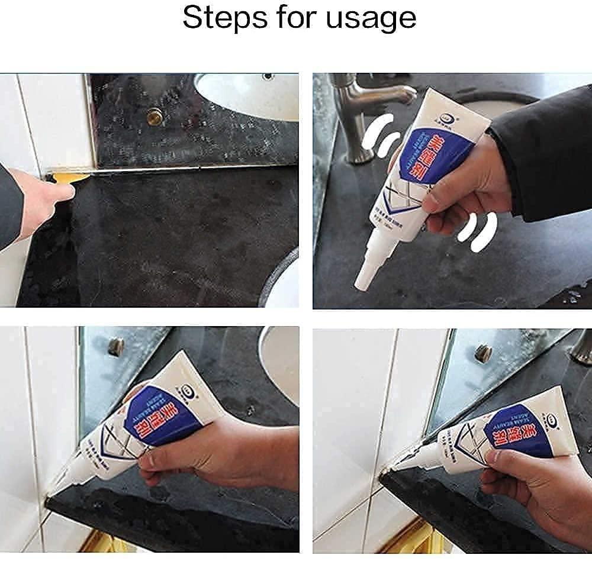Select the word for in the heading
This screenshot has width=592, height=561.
pos(289,18)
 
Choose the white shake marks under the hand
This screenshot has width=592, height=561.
pos(480,234)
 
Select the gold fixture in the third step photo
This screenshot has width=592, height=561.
pos(101,542)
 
